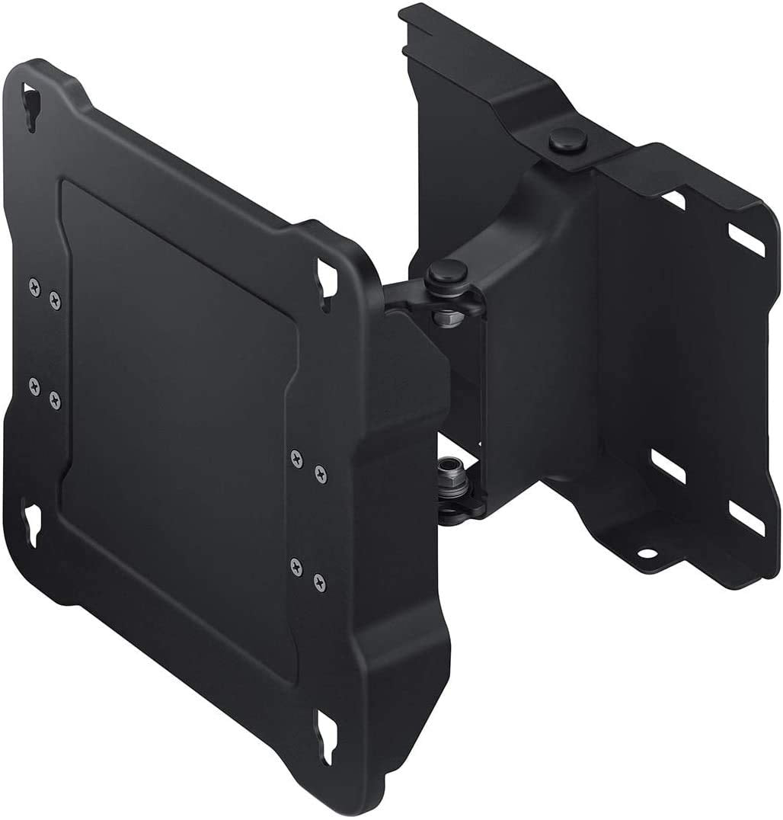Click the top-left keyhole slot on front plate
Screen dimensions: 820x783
(x=31, y=100)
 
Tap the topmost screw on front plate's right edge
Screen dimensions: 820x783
(x=296, y=456)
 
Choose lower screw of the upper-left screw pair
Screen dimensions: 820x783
(x=56, y=299)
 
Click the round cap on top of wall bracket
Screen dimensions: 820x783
(x=562, y=141)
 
